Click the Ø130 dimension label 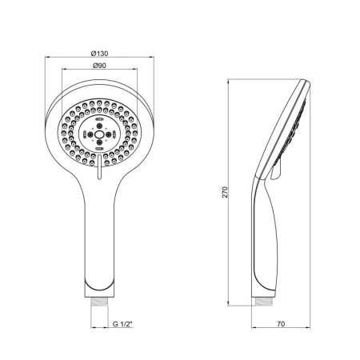[x=99, y=54]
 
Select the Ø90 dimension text [x=99, y=66]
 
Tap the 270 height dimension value [x=226, y=192]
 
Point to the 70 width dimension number [x=281, y=324]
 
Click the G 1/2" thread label [x=122, y=324]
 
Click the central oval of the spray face [x=99, y=134]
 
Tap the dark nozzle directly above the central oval [x=99, y=126]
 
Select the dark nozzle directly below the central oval [x=99, y=142]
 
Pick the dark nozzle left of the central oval [x=91, y=134]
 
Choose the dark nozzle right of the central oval [x=107, y=134]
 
